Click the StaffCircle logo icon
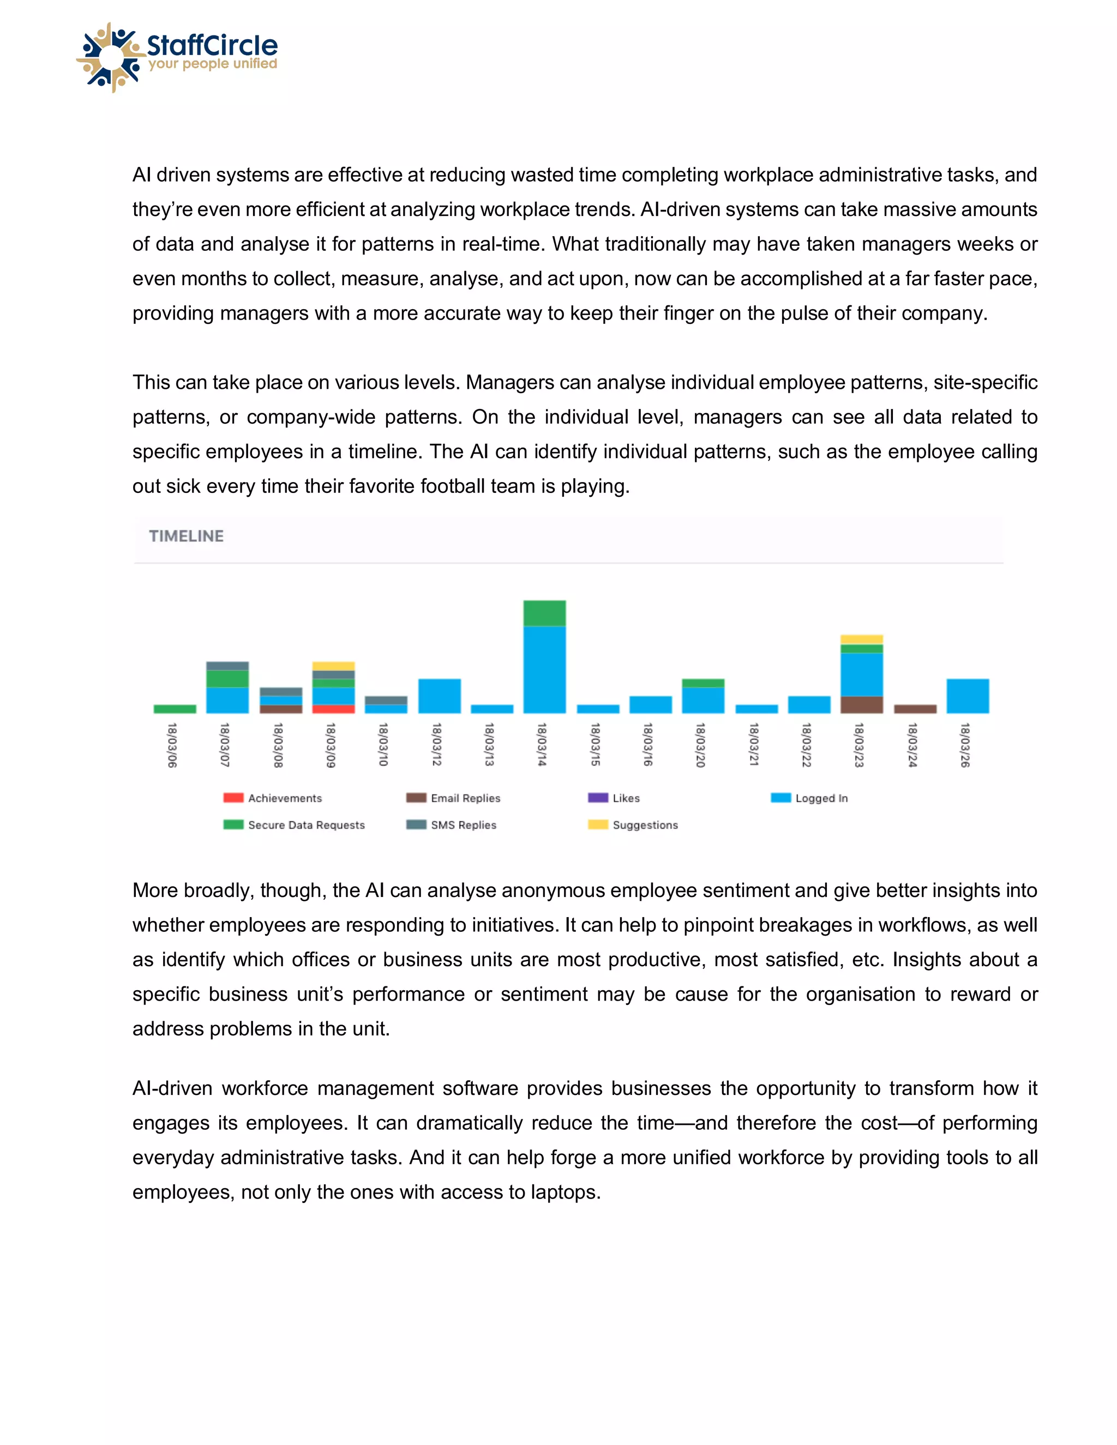[111, 58]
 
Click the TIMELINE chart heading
[186, 536]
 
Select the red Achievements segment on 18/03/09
[333, 709]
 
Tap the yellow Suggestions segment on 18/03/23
[862, 639]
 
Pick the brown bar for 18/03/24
[915, 709]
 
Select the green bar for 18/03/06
[175, 709]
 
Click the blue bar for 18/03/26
[968, 696]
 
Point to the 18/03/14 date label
[542, 744]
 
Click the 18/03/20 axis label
[701, 745]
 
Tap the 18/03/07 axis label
[225, 745]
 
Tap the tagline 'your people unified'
[212, 64]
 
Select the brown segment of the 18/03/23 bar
[862, 705]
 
